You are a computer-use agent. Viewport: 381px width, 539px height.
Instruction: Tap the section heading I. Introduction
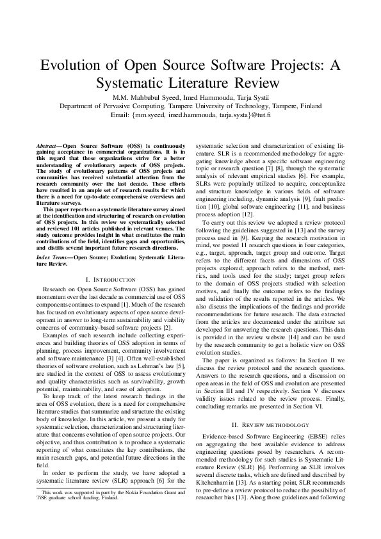110,279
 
